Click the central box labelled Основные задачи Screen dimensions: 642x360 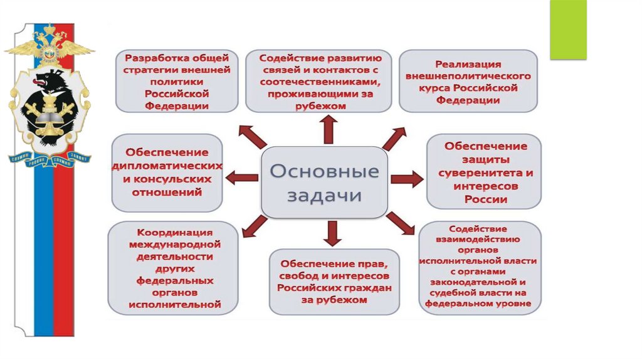coord(324,182)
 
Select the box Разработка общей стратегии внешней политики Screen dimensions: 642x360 coord(177,80)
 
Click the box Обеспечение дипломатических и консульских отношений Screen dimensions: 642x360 coord(167,172)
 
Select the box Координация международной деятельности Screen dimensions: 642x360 coord(174,268)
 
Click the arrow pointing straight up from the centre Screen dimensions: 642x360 coord(327,130)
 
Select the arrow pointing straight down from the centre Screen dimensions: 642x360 coord(333,233)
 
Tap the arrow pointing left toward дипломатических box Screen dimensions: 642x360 coord(241,178)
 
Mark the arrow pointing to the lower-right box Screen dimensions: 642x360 coord(399,223)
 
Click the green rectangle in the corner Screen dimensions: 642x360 coord(567,29)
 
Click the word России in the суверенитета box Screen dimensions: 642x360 coord(485,200)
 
